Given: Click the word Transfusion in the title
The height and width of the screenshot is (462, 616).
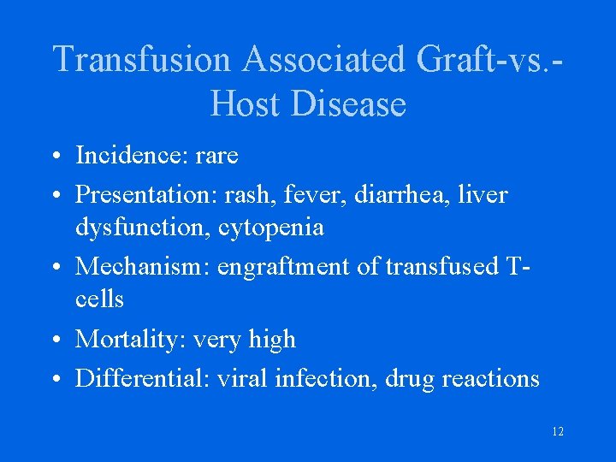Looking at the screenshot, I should coord(141,60).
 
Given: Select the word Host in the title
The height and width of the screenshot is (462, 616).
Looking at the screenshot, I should coord(245,104).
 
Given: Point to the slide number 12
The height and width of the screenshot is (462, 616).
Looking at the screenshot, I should coord(558,432).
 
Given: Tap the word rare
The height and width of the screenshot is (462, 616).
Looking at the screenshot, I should coord(216,156).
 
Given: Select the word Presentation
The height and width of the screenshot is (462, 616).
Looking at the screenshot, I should coord(146,195).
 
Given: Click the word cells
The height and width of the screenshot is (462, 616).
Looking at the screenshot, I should coord(99,299).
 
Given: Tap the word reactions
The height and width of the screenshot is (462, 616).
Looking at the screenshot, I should coord(491,378).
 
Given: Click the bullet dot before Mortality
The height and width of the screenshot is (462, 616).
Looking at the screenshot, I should coord(55,341).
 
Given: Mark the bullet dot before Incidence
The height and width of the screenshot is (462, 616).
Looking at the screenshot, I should coord(55,157).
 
